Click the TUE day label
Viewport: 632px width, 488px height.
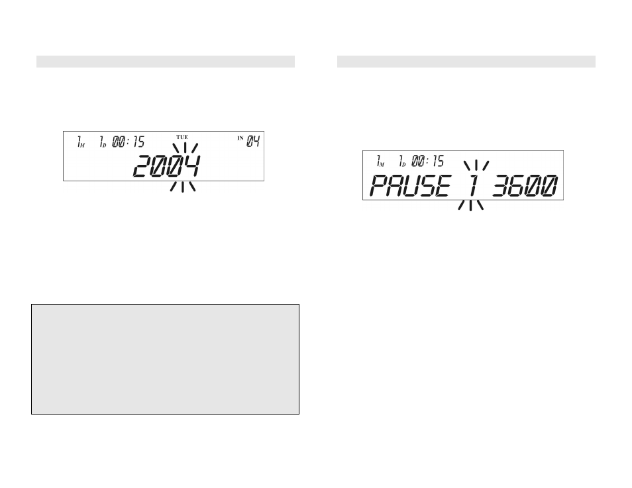coord(182,138)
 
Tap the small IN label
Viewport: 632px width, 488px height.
coord(240,138)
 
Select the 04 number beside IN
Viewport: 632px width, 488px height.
coord(253,142)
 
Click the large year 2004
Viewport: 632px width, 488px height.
coord(166,166)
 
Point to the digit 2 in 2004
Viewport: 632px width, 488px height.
coord(142,166)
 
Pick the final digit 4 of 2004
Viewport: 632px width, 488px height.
coord(191,166)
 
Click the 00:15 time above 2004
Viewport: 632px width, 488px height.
coord(128,142)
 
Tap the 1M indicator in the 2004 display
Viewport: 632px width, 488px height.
coord(81,142)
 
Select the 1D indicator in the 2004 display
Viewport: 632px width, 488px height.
coord(103,142)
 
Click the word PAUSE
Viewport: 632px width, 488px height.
coord(410,186)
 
